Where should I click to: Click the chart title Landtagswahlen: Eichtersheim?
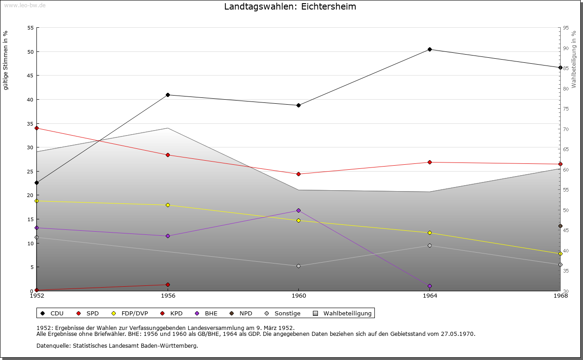(290, 7)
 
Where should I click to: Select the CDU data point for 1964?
(430, 49)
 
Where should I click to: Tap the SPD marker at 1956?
(168, 155)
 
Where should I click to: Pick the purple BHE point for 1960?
(298, 210)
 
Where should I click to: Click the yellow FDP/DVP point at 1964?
(430, 233)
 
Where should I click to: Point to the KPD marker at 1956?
(168, 284)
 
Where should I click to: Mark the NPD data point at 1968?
(560, 226)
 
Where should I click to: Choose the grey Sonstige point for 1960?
(298, 266)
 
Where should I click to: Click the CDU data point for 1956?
(168, 95)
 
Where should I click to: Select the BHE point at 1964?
(430, 286)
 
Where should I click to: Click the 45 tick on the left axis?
(31, 76)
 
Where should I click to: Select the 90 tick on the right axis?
(565, 48)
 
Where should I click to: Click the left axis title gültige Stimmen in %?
(5, 60)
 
